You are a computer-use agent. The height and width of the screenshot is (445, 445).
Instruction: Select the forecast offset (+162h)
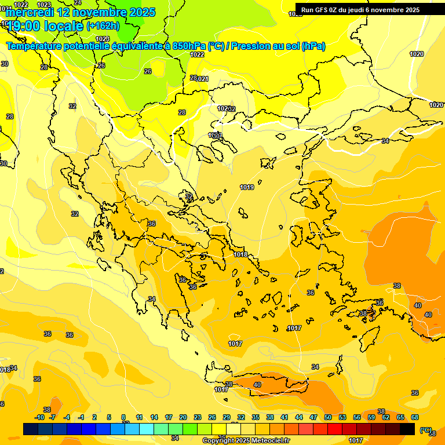point(103,25)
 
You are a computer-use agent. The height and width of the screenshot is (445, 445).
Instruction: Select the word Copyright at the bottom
point(218,440)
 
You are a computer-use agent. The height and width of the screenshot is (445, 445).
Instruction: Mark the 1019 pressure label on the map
point(247,187)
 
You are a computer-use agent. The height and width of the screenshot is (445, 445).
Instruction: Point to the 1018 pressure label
point(241,254)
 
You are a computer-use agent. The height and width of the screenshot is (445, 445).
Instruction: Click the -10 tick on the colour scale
point(39,417)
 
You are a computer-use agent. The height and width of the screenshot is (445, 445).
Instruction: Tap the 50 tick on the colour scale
point(328,417)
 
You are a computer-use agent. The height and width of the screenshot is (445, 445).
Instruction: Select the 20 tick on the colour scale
point(183,417)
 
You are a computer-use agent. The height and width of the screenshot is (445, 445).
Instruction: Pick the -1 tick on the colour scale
point(81,417)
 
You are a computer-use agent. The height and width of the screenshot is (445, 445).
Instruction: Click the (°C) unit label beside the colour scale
point(425,429)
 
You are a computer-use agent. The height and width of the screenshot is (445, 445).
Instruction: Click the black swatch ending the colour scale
point(407,429)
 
